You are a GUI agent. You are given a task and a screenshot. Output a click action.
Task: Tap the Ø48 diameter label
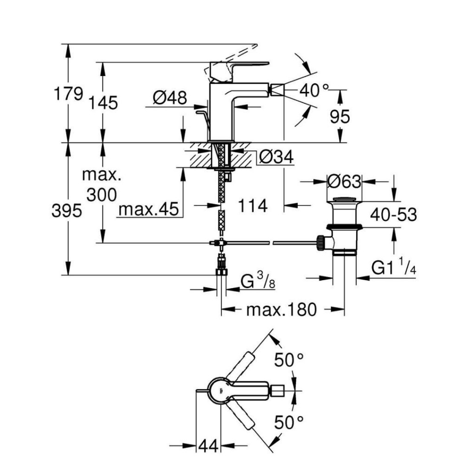point(170,97)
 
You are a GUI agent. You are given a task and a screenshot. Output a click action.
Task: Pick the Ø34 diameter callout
point(276,158)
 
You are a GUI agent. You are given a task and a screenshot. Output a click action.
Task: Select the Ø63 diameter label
point(344,181)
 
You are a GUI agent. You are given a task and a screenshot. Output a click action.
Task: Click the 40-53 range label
point(393,214)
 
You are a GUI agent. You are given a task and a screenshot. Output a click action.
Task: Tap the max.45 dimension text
point(148,210)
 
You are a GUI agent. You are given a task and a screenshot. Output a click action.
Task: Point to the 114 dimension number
point(253,205)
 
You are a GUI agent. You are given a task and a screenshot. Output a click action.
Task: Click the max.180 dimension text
point(281,309)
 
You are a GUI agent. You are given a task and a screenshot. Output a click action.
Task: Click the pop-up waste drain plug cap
point(344,200)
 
